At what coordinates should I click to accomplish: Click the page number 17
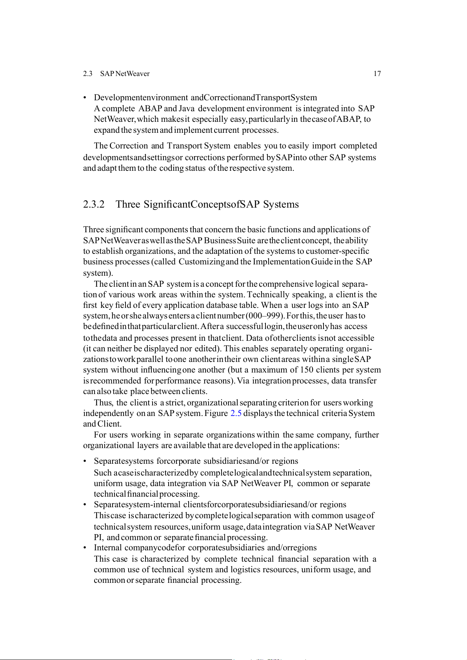pos(377,74)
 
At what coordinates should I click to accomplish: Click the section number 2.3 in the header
pos(87,74)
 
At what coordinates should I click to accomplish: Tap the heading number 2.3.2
pos(94,204)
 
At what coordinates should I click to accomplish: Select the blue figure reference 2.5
pos(236,413)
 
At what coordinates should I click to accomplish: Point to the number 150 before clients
pos(306,370)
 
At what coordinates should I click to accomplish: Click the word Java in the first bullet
pos(187,108)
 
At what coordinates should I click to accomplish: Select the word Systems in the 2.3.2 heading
pos(281,204)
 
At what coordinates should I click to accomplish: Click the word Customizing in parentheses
pos(202,262)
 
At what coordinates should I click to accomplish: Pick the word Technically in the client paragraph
pos(268,295)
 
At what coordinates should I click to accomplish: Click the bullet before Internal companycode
pos(85,548)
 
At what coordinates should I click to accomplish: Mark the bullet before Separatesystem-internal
pos(85,505)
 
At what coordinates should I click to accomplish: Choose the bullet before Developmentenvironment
pos(85,98)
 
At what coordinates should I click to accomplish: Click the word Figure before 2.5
pos(216,413)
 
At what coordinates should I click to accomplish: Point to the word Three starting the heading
pos(128,204)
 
